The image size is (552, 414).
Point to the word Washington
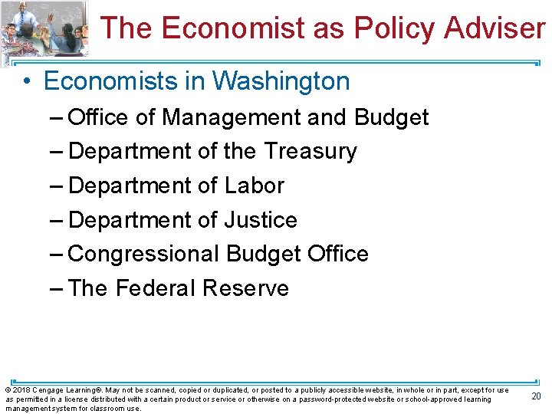point(281,81)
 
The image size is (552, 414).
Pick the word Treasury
point(310,152)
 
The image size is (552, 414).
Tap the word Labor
point(254,186)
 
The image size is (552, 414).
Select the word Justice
point(260,220)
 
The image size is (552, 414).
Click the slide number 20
point(537,396)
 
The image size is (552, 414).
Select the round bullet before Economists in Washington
point(26,81)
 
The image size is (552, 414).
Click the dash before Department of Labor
point(57,186)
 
